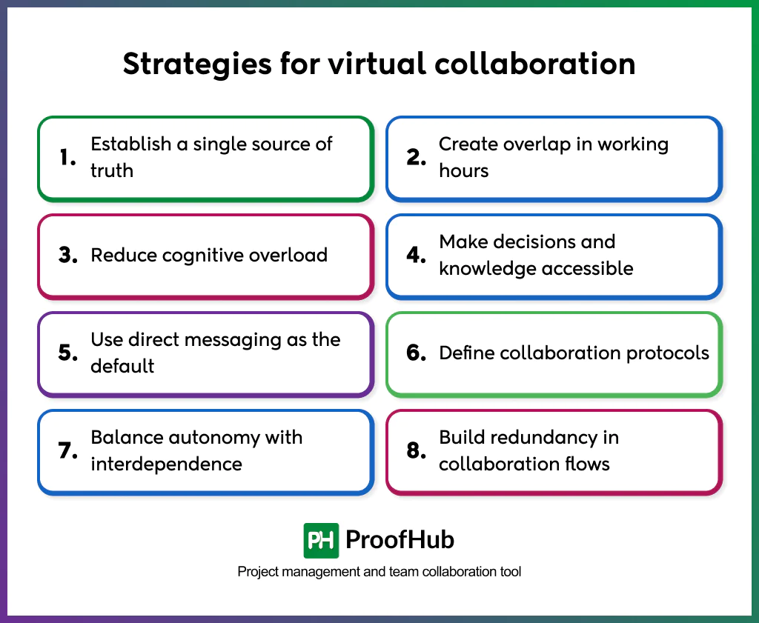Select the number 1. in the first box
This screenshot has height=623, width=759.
(68, 158)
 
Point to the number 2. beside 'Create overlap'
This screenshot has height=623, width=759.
(417, 158)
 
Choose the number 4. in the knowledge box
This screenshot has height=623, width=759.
(417, 256)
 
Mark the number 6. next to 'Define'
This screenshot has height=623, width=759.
(417, 353)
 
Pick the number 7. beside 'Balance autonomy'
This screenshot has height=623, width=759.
(68, 451)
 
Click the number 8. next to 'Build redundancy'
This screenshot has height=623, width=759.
(417, 451)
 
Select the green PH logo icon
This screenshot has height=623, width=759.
(321, 540)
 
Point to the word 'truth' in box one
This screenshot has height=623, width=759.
(112, 170)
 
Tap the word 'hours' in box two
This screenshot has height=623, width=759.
(464, 170)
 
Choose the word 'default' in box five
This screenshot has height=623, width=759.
(122, 366)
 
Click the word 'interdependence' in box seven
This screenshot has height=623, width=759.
(166, 464)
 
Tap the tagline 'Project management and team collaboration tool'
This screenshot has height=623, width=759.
(379, 572)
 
